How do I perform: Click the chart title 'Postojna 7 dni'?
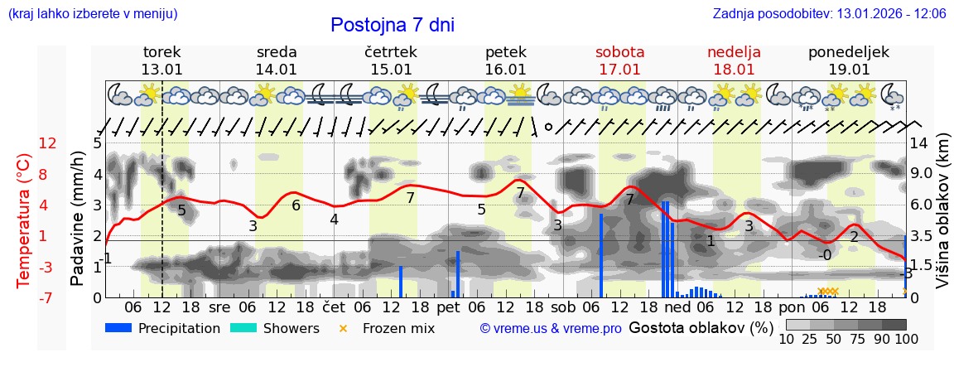[x=392, y=25]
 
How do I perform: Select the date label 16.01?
[x=505, y=69]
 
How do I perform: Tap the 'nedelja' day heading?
[x=734, y=51]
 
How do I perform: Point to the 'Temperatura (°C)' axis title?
[x=23, y=220]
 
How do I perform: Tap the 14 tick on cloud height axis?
[x=920, y=143]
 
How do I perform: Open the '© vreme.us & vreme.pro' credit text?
[x=551, y=328]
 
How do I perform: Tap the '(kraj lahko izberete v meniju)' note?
[x=93, y=14]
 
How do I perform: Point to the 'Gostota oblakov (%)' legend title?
[x=701, y=327]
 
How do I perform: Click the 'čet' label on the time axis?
[x=333, y=307]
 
